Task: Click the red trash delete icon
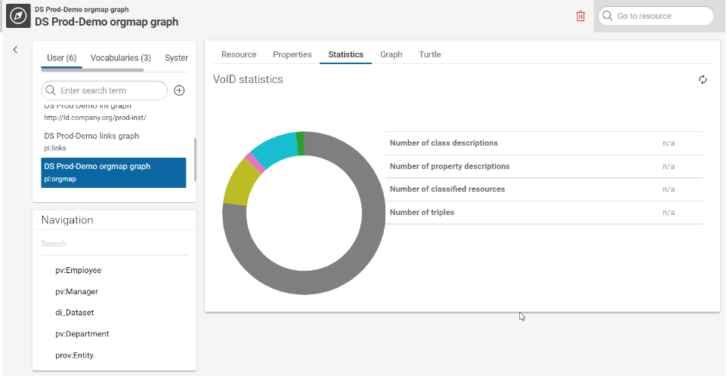click(x=580, y=16)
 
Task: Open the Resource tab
click(x=239, y=54)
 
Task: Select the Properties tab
click(x=292, y=54)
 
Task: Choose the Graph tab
click(x=391, y=54)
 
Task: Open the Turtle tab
click(x=430, y=54)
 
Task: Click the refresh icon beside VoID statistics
click(x=703, y=80)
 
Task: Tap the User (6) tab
click(x=61, y=58)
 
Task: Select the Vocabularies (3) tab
click(x=120, y=58)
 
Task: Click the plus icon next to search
click(x=179, y=91)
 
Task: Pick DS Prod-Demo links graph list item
click(x=91, y=141)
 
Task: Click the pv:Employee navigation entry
click(x=79, y=270)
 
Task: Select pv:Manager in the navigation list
click(x=77, y=291)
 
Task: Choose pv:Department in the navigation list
click(x=82, y=333)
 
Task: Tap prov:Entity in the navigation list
click(x=75, y=355)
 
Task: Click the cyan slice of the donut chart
click(x=274, y=146)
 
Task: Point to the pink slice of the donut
click(x=254, y=162)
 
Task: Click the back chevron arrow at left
click(x=15, y=50)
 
